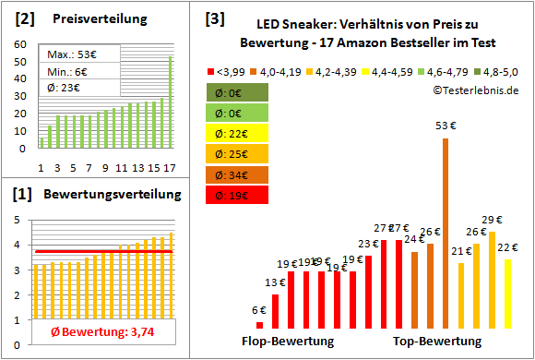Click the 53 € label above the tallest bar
coord(446,126)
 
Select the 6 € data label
coord(259,310)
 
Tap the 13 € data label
coord(275,282)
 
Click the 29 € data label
coord(492,219)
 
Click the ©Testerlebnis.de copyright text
coord(474,90)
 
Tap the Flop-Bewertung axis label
coord(288,342)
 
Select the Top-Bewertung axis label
coord(437,342)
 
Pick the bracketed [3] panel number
coord(215,18)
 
